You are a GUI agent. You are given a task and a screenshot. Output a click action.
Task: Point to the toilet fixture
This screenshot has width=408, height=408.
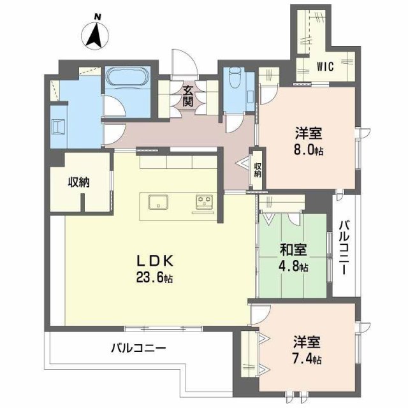point(233,81)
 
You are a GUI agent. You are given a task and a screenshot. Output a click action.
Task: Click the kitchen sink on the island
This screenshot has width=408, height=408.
point(157,203)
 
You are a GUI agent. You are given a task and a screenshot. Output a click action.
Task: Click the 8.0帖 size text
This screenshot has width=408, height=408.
point(308,151)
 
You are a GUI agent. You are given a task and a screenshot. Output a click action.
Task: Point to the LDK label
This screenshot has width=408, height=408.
point(154,261)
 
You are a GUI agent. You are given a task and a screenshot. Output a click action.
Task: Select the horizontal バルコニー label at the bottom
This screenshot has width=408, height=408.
point(138,348)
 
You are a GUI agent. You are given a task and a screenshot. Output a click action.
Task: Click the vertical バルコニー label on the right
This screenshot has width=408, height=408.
point(344,247)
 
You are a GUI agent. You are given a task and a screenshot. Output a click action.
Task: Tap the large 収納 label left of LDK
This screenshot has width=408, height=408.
point(79,182)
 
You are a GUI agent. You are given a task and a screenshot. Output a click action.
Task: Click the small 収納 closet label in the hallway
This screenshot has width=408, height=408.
point(258,170)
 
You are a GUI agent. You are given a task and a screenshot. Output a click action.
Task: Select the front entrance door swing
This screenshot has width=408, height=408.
point(184,64)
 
